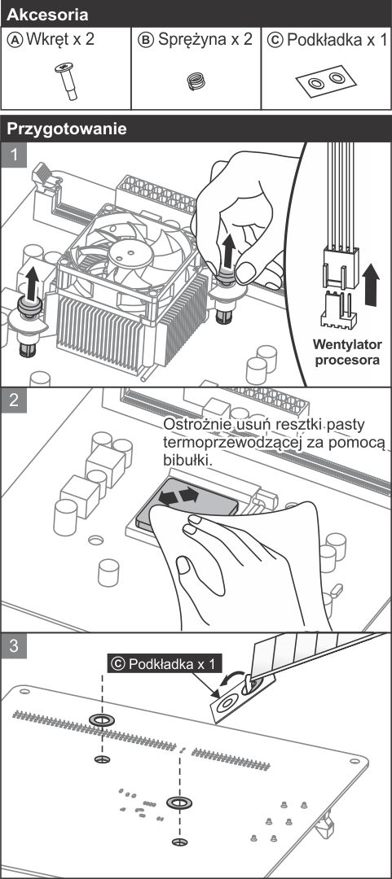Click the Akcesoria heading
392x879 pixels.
click(48, 15)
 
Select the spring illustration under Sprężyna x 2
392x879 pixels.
click(196, 82)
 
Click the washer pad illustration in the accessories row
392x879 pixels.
click(327, 81)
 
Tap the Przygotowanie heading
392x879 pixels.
click(67, 129)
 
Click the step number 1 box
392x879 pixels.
click(14, 154)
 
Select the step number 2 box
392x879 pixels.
click(14, 400)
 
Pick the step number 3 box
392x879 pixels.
click(14, 645)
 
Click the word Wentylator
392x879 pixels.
click(347, 344)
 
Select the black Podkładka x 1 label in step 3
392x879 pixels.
click(165, 664)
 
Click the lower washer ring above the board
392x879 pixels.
click(178, 802)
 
